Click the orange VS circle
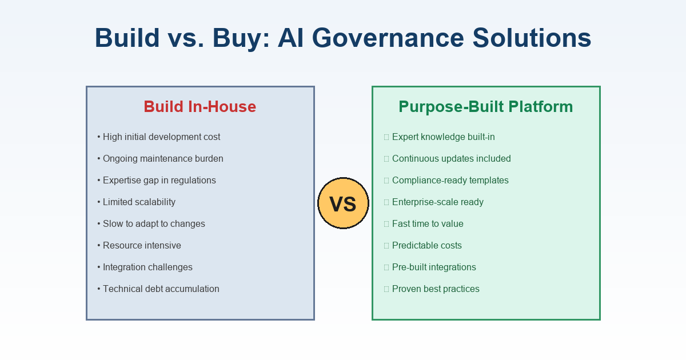click(343, 203)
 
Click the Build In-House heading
click(200, 107)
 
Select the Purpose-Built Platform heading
click(485, 107)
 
